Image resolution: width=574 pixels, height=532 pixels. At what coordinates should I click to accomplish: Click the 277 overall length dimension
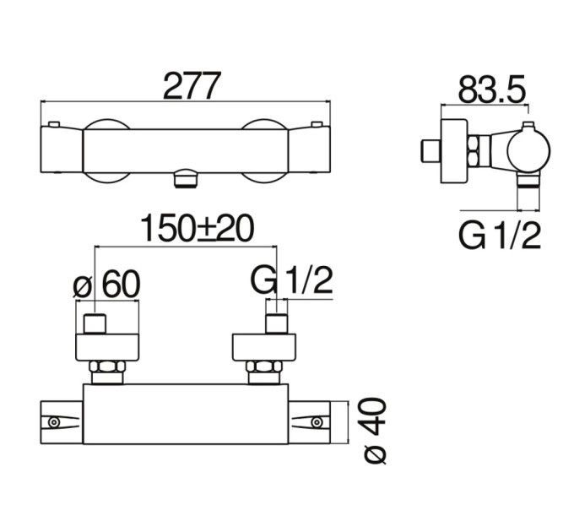pos(192,85)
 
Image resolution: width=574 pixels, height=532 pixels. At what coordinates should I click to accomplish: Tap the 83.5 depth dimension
pos(491,90)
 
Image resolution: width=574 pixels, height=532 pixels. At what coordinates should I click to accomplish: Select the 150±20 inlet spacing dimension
pos(198,229)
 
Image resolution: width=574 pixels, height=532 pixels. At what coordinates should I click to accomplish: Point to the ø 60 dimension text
pos(106,285)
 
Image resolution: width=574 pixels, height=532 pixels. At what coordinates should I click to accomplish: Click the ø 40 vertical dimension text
pos(376,432)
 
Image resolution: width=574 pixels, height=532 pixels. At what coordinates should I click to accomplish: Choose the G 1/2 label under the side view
pos(500,236)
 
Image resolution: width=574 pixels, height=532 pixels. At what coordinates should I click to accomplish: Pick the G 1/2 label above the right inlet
pos(291,280)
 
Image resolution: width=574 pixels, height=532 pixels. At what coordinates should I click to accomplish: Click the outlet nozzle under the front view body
pos(187,178)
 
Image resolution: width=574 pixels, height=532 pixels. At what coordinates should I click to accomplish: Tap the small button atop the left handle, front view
pos(54,124)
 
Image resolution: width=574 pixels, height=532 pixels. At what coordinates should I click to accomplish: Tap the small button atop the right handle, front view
pos(316,124)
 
